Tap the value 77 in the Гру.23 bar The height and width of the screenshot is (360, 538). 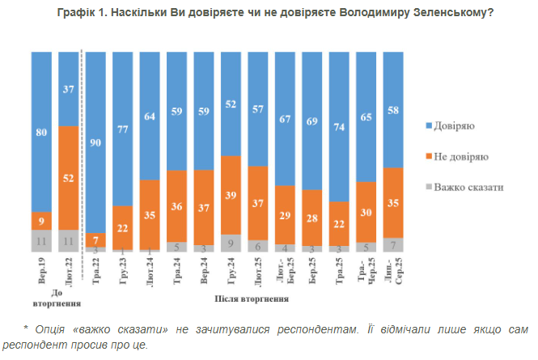click(x=124, y=128)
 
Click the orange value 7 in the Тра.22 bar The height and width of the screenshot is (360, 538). click(x=97, y=239)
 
